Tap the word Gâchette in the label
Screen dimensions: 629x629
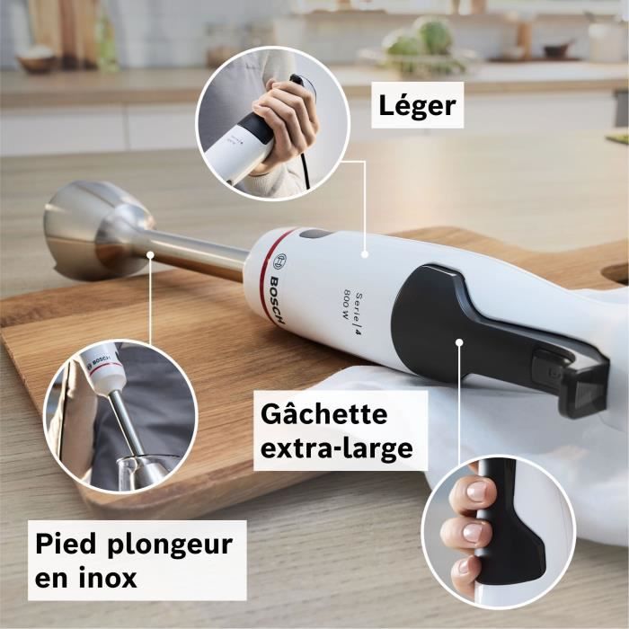pyautogui.click(x=323, y=415)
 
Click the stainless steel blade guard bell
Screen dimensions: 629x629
pyautogui.click(x=85, y=229)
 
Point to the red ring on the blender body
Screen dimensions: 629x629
pyautogui.click(x=268, y=270)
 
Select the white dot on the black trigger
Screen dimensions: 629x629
pyautogui.click(x=458, y=341)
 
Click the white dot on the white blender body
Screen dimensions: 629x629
pyautogui.click(x=366, y=255)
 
